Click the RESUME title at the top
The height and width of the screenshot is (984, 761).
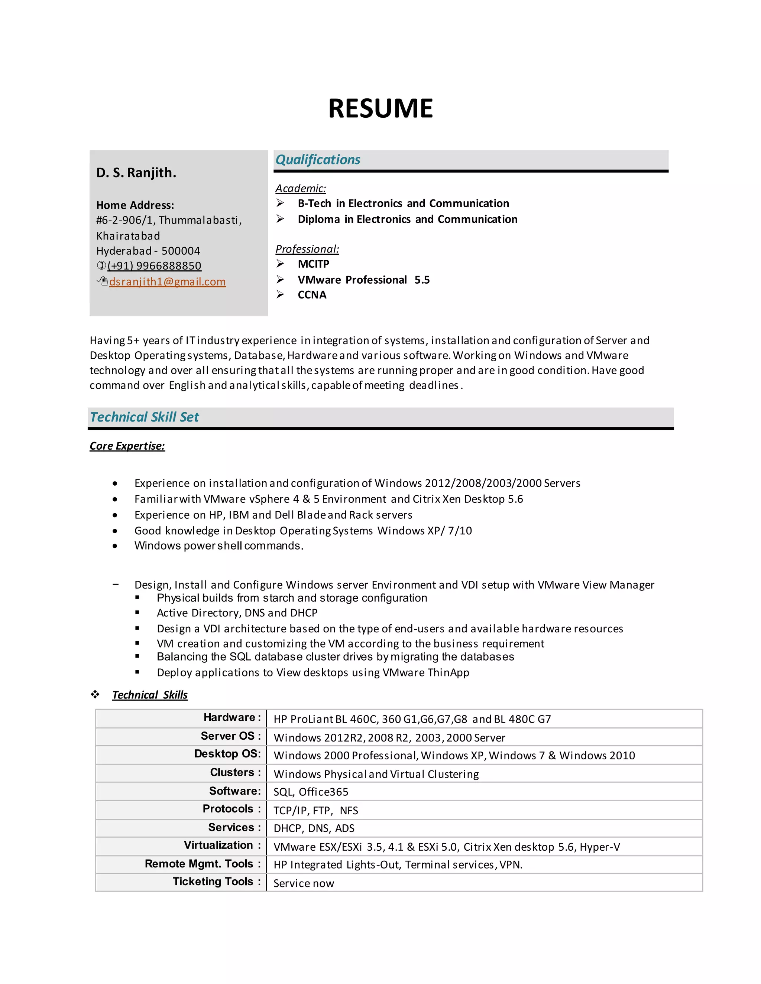click(380, 108)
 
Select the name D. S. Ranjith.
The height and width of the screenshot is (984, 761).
click(136, 173)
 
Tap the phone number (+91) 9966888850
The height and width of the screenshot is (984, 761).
click(154, 266)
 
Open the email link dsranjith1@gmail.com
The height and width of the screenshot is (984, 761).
click(167, 281)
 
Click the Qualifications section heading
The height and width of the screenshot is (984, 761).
click(317, 160)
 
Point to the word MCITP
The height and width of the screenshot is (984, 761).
click(313, 264)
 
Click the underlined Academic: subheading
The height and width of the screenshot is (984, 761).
click(300, 188)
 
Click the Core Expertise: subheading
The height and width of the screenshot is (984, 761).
click(127, 446)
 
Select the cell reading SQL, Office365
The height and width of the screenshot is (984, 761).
click(311, 792)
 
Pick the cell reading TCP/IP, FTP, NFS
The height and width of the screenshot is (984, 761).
click(315, 811)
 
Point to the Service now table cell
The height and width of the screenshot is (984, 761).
click(304, 883)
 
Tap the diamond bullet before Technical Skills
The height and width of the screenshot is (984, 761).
click(95, 694)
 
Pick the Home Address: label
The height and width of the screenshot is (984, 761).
click(135, 205)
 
